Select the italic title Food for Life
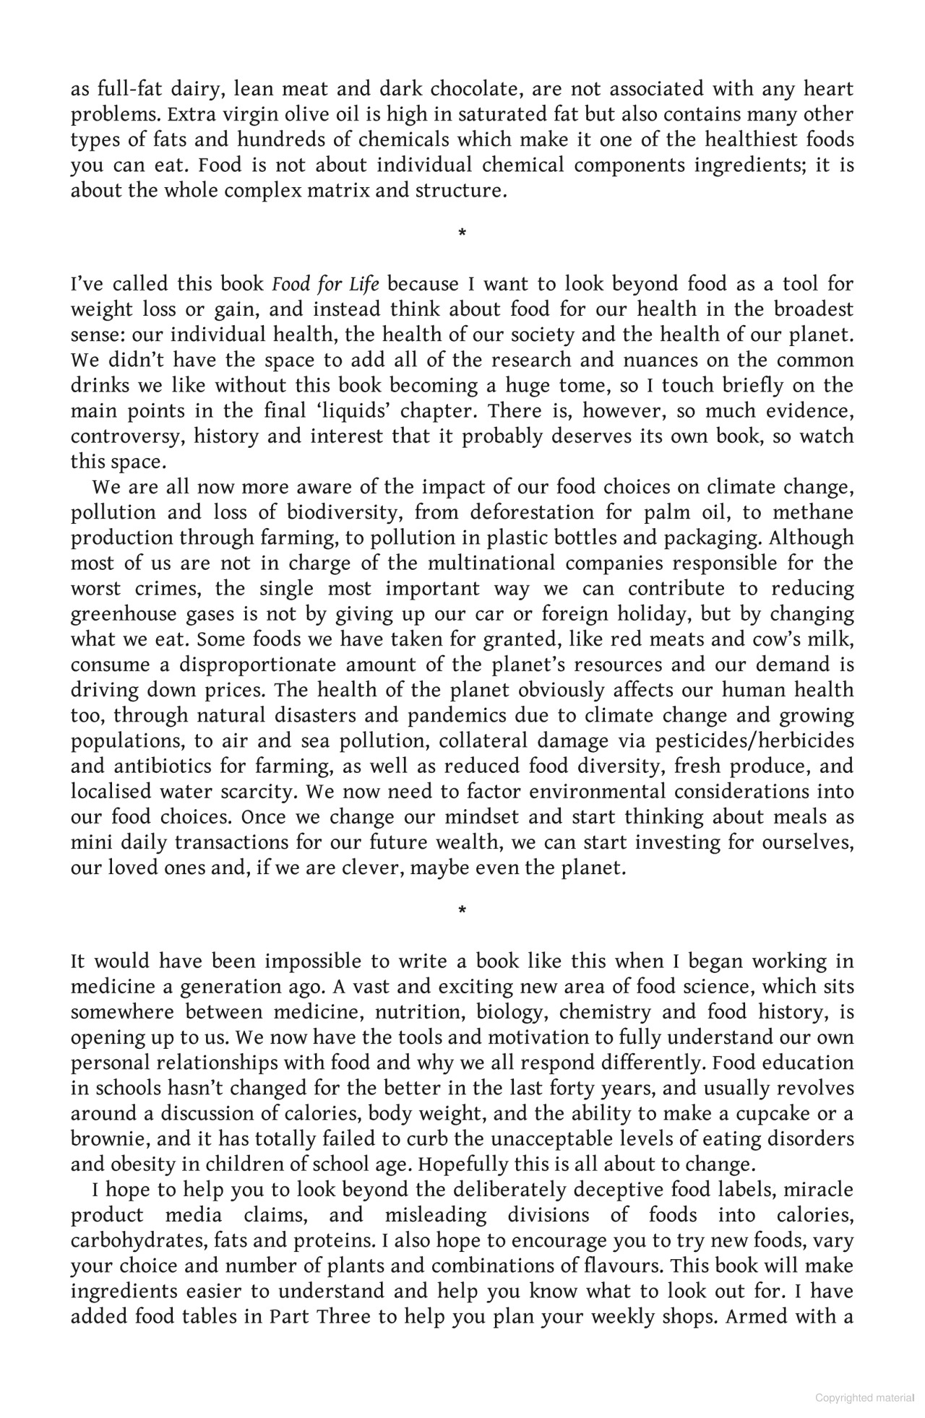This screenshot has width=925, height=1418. (x=325, y=285)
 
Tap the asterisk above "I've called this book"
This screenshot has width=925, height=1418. (x=462, y=233)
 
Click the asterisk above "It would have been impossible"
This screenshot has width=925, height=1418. (x=462, y=910)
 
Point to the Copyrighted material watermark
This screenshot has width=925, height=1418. (x=864, y=1398)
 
